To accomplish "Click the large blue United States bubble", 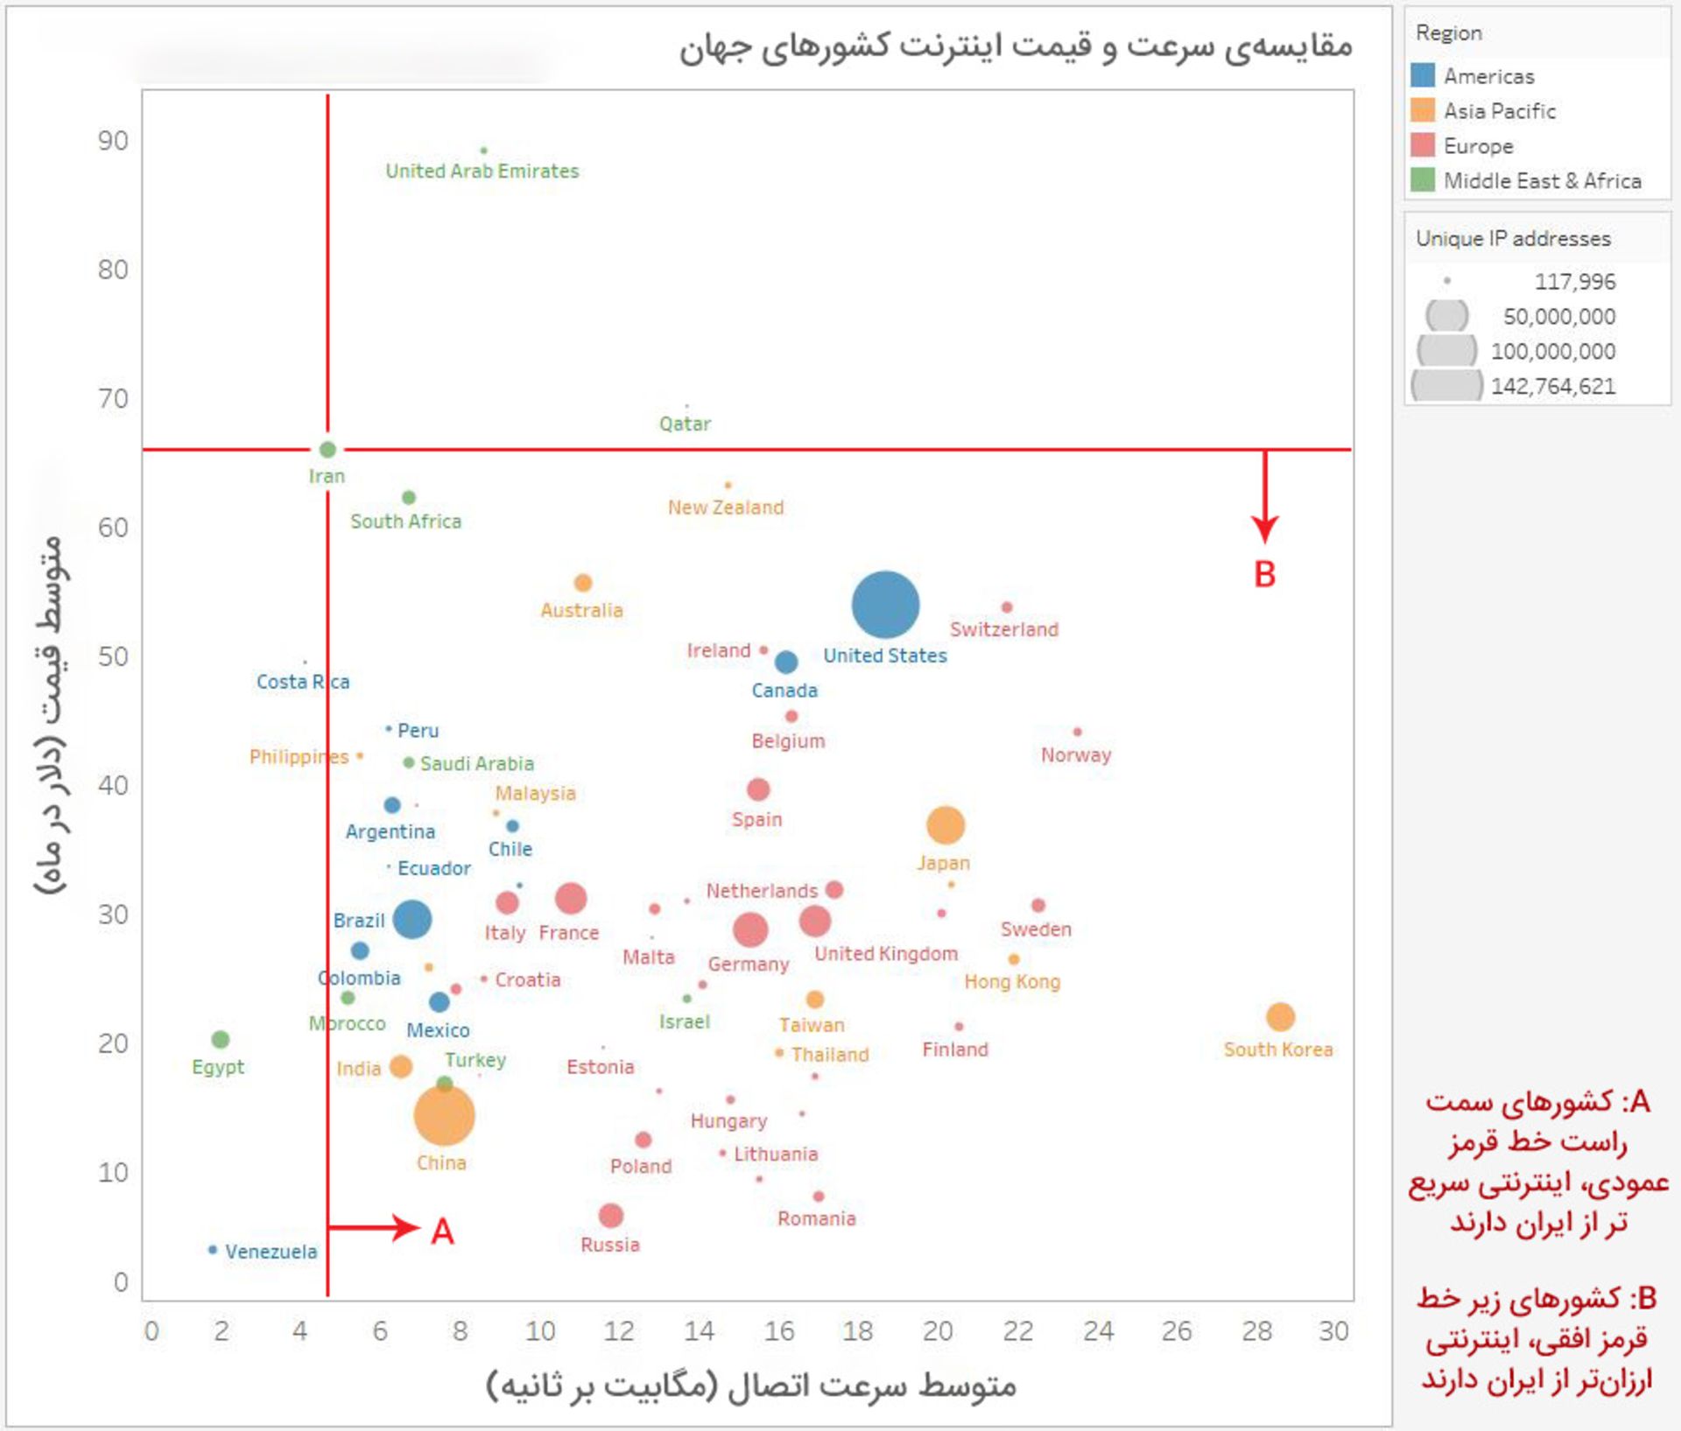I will [885, 605].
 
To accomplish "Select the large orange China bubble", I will [444, 1115].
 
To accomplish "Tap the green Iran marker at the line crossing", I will [327, 450].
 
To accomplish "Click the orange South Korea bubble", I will [1280, 1017].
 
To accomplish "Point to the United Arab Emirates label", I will [482, 172].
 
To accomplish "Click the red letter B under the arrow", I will [1264, 575].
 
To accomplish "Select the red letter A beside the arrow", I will [442, 1231].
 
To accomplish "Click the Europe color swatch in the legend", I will [1423, 145].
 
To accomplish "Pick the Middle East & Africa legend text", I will [1542, 181].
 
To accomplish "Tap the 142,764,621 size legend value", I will [1552, 386].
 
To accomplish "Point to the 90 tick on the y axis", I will [113, 141].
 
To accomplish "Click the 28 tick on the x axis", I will [1256, 1331].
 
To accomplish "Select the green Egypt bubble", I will [221, 1040].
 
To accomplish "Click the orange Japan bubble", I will [946, 824].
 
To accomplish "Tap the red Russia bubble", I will [610, 1216].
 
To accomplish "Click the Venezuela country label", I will [271, 1252].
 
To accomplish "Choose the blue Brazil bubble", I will [411, 919].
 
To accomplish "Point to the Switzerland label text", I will [1004, 629].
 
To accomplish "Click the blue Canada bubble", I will [786, 662].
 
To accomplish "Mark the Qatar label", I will [685, 424].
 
